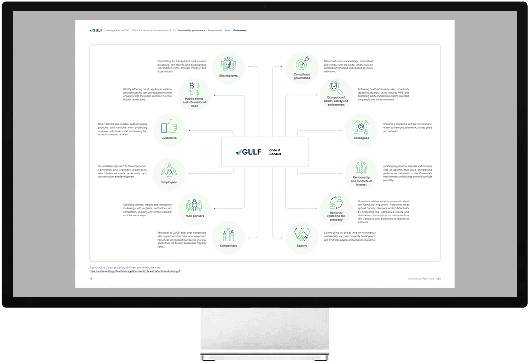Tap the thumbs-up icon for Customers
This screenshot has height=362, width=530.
pyautogui.click(x=169, y=127)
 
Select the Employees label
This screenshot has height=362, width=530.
pyautogui.click(x=169, y=182)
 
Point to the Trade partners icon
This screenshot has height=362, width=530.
pyautogui.click(x=194, y=205)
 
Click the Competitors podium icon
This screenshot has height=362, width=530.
pyautogui.click(x=228, y=235)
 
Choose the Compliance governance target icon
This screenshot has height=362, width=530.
pyautogui.click(x=302, y=65)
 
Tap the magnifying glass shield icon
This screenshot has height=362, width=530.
pyautogui.click(x=336, y=89)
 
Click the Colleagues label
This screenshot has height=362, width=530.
pyautogui.click(x=361, y=138)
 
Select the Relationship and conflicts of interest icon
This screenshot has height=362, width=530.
pyautogui.click(x=361, y=167)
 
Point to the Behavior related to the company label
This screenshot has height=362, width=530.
pyautogui.click(x=336, y=216)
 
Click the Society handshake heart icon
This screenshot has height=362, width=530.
pyautogui.click(x=302, y=235)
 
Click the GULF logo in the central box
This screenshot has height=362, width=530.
pyautogui.click(x=249, y=152)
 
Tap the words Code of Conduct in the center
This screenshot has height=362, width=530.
pyautogui.click(x=275, y=152)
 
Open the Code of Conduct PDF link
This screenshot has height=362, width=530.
pyautogui.click(x=134, y=271)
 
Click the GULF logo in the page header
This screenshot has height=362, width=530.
pyautogui.click(x=96, y=30)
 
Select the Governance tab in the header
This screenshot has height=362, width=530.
pyautogui.click(x=239, y=30)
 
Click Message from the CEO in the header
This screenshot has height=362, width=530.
pyautogui.click(x=118, y=30)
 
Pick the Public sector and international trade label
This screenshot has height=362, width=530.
pyautogui.click(x=194, y=103)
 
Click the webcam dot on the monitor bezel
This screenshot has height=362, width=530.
pyautogui.click(x=265, y=6)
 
